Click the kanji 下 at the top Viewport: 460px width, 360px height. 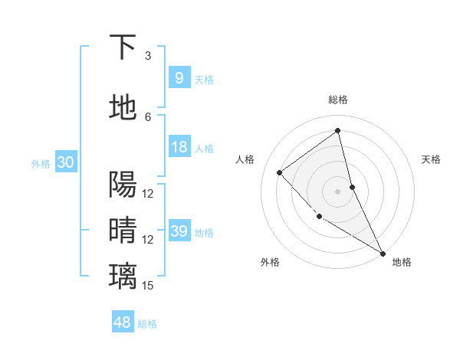(x=123, y=47)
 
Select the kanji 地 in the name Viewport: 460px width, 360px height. (x=123, y=108)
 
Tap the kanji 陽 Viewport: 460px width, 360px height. (x=123, y=185)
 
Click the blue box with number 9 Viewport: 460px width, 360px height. (x=179, y=77)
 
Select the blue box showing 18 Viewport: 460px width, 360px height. (x=179, y=147)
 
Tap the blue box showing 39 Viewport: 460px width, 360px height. (x=179, y=231)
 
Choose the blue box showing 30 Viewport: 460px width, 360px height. (x=65, y=162)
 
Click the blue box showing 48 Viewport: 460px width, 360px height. (x=123, y=322)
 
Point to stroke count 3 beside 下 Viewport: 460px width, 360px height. (x=148, y=56)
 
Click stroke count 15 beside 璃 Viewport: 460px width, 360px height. (x=148, y=286)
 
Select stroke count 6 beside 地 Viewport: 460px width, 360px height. (x=148, y=117)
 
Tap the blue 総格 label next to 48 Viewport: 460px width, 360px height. (x=147, y=324)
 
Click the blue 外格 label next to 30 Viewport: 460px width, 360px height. (x=41, y=164)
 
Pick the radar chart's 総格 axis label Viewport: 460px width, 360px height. (x=337, y=100)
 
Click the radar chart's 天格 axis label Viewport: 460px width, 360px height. (x=432, y=159)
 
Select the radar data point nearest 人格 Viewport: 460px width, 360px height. (x=280, y=172)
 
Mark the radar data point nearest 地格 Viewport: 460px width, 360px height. (x=383, y=252)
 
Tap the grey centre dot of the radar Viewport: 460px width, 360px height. (x=337, y=191)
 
